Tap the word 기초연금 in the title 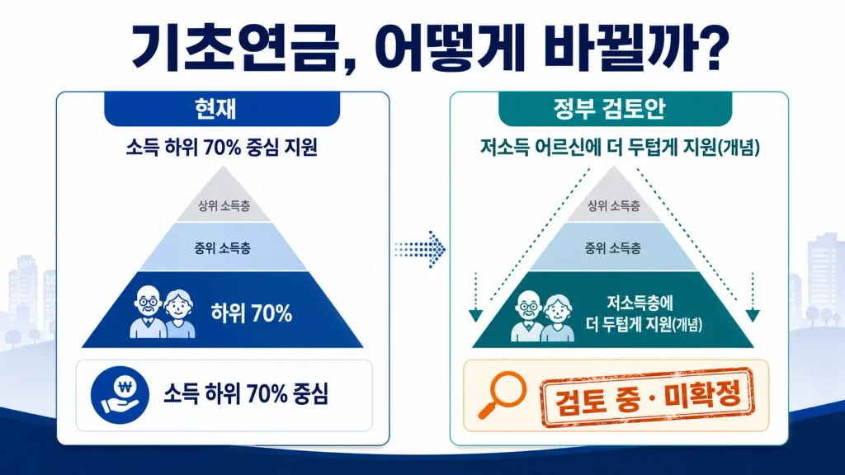pyautogui.click(x=234, y=47)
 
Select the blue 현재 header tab pyautogui.click(x=222, y=109)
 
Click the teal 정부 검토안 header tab pyautogui.click(x=615, y=109)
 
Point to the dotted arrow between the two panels pyautogui.click(x=420, y=249)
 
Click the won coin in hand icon pyautogui.click(x=120, y=395)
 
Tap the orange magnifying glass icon pyautogui.click(x=503, y=395)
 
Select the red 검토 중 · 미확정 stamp pyautogui.click(x=647, y=397)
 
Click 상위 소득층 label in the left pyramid pyautogui.click(x=224, y=205)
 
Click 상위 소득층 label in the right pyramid pyautogui.click(x=614, y=205)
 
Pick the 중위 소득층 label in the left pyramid pyautogui.click(x=222, y=248)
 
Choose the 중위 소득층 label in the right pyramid pyautogui.click(x=613, y=248)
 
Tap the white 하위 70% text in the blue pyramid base pyautogui.click(x=252, y=313)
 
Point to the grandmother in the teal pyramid pyautogui.click(x=557, y=318)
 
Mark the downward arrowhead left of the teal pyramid pyautogui.click(x=475, y=316)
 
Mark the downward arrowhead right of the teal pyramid pyautogui.click(x=753, y=316)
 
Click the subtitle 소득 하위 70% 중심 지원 pyautogui.click(x=221, y=147)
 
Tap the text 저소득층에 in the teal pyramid pyautogui.click(x=640, y=303)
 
